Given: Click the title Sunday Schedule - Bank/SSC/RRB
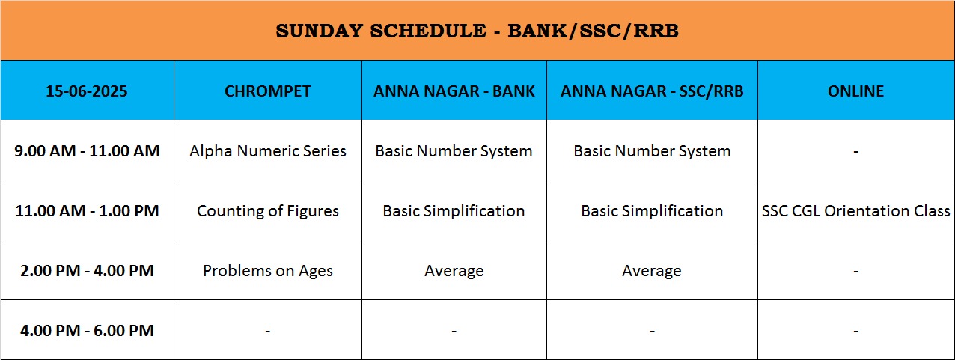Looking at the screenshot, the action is tap(477, 31).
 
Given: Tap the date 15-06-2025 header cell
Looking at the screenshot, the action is tap(87, 91).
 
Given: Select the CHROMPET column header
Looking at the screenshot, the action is tap(268, 91).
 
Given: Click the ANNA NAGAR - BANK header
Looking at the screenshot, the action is tap(454, 91).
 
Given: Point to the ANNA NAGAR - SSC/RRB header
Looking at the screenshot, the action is tap(652, 91).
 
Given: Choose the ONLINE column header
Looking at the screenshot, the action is tap(855, 91).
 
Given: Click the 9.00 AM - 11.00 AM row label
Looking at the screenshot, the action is tap(87, 151).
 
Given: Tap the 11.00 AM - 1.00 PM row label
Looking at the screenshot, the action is tap(87, 211).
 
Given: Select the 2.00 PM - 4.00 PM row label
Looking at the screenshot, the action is tap(87, 270).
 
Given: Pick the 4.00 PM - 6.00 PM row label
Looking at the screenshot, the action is tap(87, 331).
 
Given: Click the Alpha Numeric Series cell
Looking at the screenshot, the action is tap(268, 151).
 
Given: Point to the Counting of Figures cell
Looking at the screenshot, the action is tap(268, 211).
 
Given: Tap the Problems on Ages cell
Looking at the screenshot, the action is tap(268, 271).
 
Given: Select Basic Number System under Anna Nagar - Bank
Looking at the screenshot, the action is tap(454, 151).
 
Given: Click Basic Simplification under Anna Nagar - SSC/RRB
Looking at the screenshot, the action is tap(652, 211).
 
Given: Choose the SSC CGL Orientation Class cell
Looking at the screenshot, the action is tap(855, 211).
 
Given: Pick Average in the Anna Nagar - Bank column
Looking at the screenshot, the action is tap(454, 271).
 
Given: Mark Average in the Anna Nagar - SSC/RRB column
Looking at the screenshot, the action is tap(652, 271).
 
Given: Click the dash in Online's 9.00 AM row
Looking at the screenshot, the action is tap(855, 152).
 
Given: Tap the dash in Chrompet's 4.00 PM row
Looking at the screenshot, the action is tap(268, 331).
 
